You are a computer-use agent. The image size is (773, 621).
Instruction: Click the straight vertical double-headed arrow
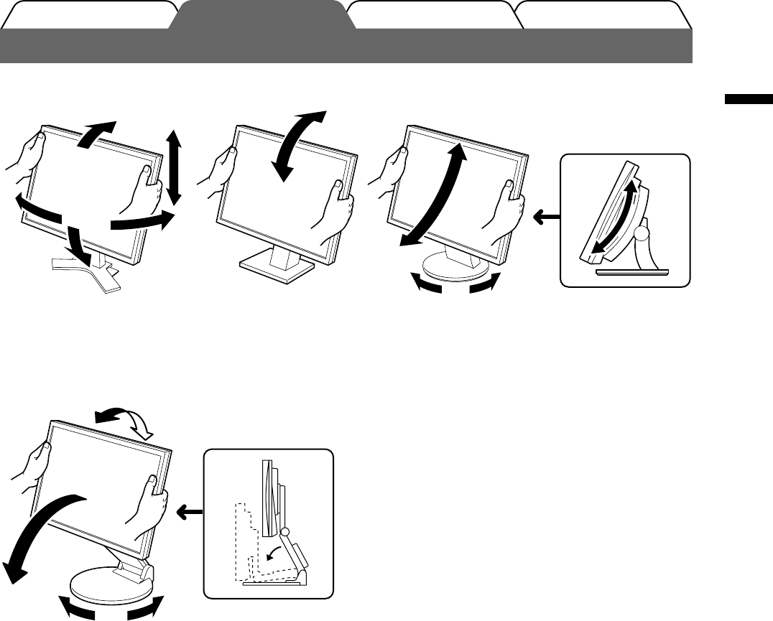click(172, 166)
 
